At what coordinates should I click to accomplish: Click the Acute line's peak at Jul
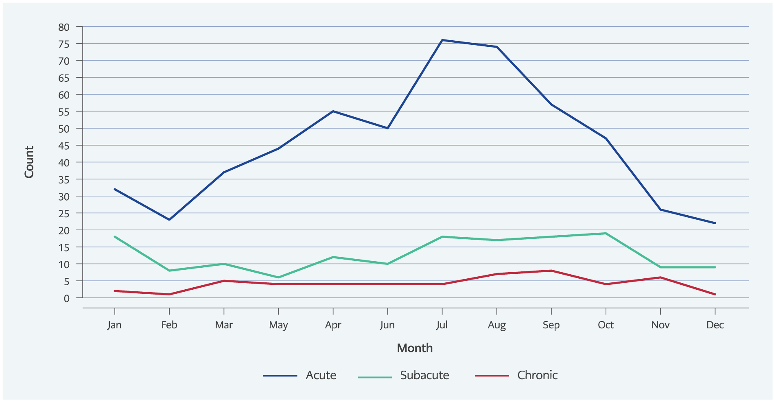point(442,40)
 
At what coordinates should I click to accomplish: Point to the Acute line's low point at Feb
point(169,220)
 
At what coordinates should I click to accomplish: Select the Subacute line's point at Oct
point(606,234)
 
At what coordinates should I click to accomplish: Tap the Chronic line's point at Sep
point(551,271)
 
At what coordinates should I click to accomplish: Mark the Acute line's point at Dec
point(715,223)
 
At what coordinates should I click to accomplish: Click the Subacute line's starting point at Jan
point(115,237)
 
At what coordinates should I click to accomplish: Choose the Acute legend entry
point(321,375)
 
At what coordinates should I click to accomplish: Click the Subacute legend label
point(424,375)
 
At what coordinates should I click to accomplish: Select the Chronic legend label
point(537,375)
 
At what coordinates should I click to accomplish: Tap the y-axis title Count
point(29,162)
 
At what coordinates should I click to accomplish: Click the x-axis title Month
point(415,348)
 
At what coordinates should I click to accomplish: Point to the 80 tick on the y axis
point(64,27)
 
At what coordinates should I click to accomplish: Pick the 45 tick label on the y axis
point(64,146)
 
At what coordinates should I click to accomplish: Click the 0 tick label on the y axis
point(67,298)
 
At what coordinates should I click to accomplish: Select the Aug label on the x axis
point(496,325)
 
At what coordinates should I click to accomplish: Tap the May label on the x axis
point(278,325)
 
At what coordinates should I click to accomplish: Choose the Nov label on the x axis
point(660,325)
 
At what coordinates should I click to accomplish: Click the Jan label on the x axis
point(114,325)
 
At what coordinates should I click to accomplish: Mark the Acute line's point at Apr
point(333,111)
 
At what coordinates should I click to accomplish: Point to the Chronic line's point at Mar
point(224,281)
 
